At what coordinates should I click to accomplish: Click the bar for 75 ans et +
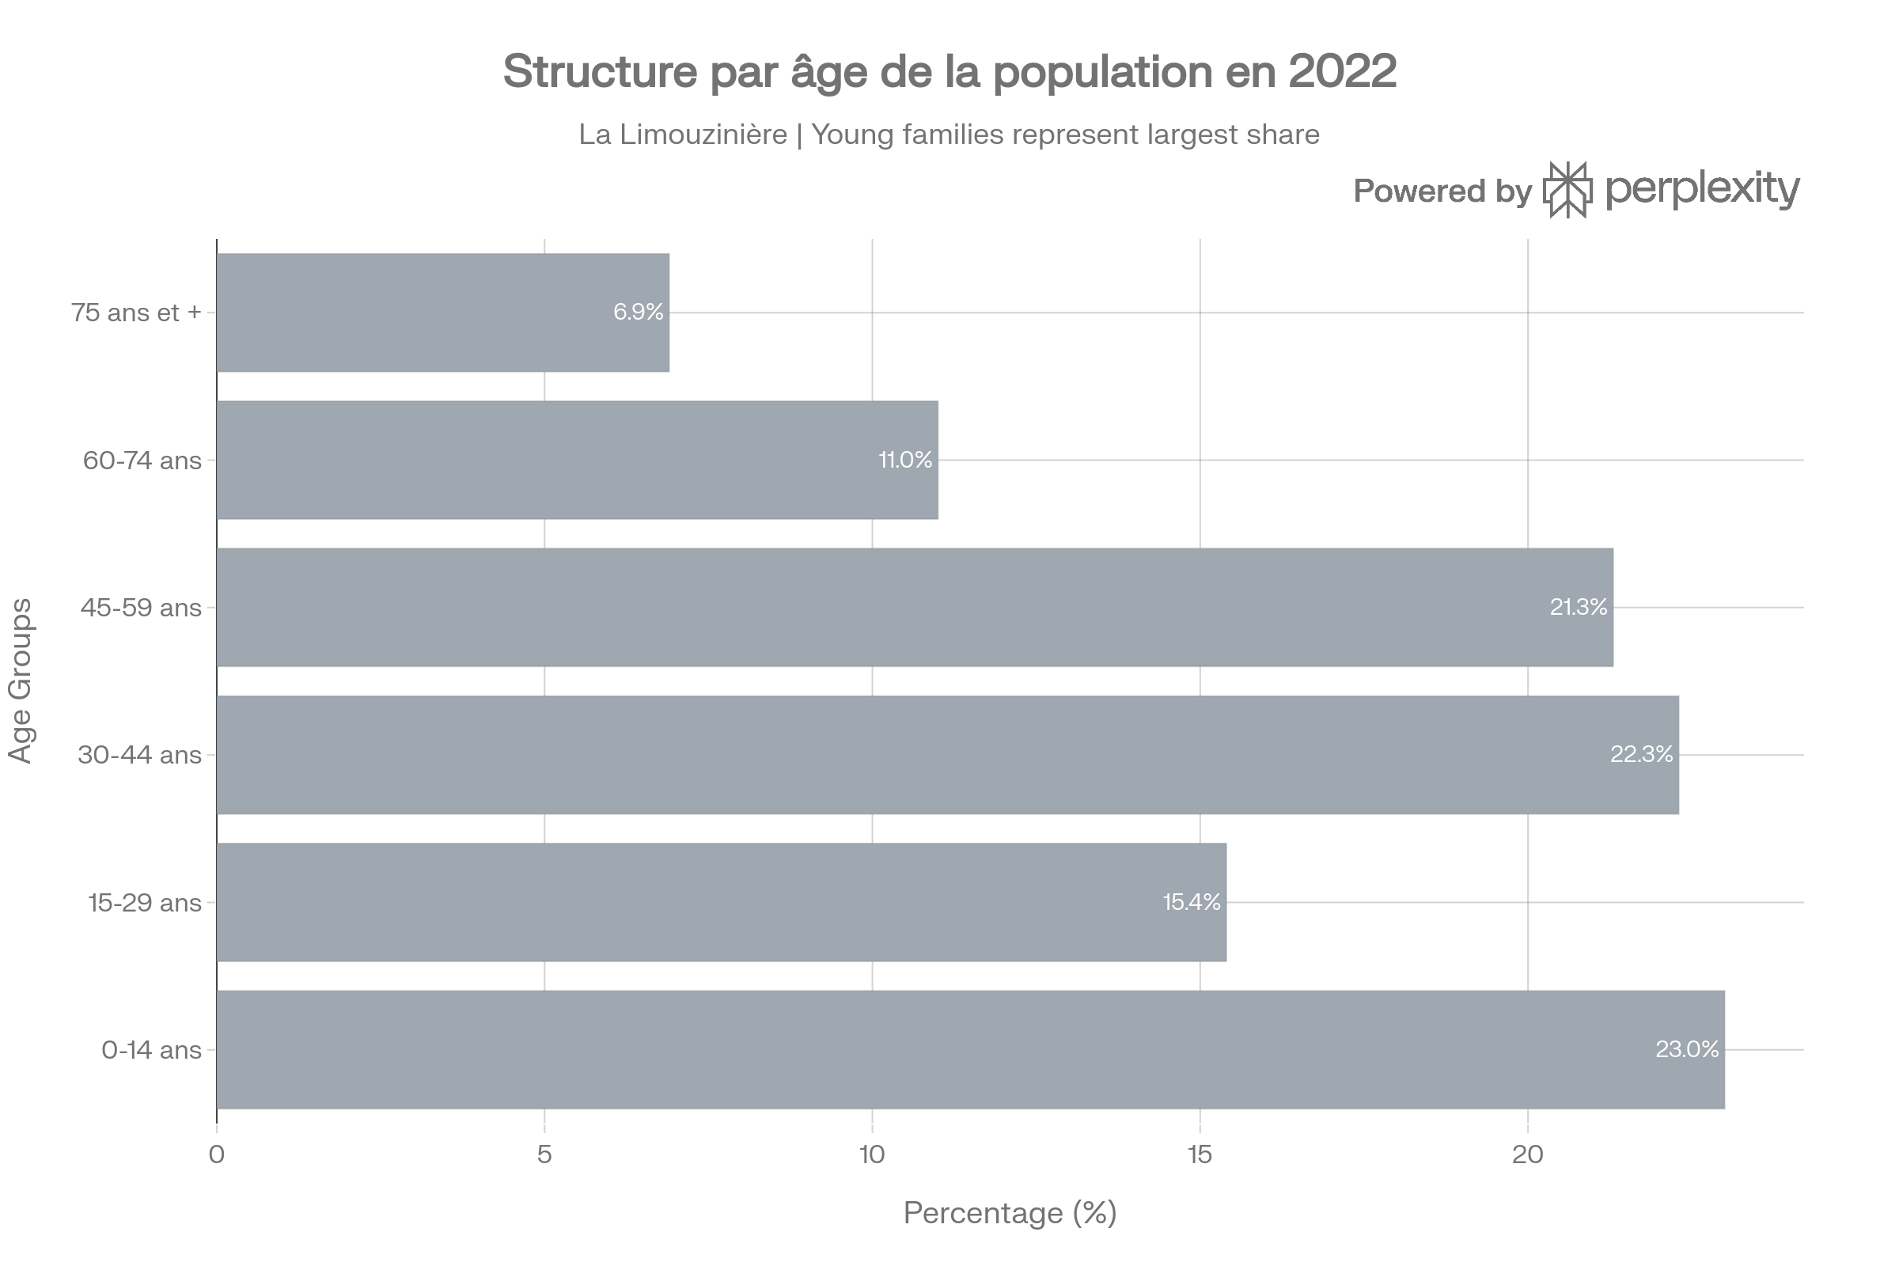(442, 313)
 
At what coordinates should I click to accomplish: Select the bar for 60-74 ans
(577, 461)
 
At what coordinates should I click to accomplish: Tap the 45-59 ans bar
(914, 607)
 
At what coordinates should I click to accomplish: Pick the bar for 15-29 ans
(721, 903)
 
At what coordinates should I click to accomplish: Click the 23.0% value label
(1687, 1050)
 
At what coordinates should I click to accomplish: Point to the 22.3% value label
(1641, 755)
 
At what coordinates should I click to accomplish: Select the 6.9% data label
(638, 313)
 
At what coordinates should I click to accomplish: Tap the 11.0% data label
(905, 461)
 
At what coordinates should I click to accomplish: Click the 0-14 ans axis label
(151, 1051)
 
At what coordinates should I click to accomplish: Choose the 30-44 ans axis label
(139, 756)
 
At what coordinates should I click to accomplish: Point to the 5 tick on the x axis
(544, 1155)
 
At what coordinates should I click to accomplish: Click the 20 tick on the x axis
(1527, 1155)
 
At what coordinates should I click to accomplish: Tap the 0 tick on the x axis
(216, 1155)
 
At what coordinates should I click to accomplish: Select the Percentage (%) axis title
(1010, 1213)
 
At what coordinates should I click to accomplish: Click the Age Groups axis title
(21, 680)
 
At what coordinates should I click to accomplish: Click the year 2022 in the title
(1342, 72)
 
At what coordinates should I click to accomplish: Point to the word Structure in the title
(599, 72)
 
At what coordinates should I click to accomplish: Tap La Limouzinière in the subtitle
(682, 135)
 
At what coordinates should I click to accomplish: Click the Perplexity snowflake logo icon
(1568, 191)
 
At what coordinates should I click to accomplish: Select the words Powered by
(1442, 191)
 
